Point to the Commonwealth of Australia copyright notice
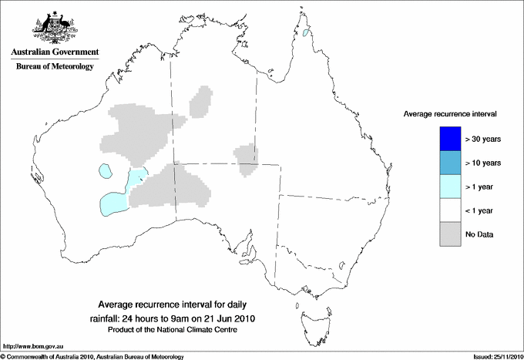coord(92,355)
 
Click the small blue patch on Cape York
coord(307,32)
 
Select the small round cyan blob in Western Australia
coord(106,171)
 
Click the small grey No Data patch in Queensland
coord(247,157)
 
